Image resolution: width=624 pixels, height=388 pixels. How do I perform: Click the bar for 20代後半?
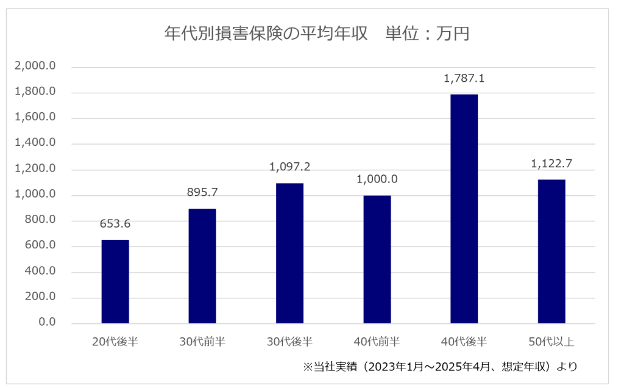pos(115,281)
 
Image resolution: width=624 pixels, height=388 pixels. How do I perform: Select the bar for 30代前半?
pos(202,266)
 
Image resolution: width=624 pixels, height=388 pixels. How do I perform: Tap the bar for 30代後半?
pos(289,253)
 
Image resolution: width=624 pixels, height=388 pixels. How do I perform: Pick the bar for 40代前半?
pos(377,259)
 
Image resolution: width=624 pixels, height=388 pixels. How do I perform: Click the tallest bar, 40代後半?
pos(464,209)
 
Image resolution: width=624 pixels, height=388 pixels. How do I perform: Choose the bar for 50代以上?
pos(551,251)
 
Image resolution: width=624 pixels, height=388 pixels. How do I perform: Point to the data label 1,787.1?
pos(464,79)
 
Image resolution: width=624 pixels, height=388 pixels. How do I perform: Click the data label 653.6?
pos(115,224)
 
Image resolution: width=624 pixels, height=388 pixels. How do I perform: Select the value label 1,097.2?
pos(289,167)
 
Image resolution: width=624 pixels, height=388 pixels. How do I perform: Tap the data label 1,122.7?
pos(551,163)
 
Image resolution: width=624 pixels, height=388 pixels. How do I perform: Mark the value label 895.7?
pos(202,192)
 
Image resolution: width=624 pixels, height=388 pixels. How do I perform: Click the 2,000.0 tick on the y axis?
pos(36,66)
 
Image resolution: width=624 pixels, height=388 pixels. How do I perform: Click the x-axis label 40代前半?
pos(377,342)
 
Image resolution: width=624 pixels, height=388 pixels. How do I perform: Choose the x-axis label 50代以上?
pos(551,342)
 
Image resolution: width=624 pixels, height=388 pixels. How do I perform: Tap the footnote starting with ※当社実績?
pos(439,367)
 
